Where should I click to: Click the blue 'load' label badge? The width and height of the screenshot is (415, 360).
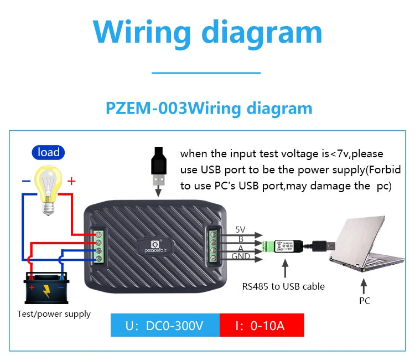click(49, 152)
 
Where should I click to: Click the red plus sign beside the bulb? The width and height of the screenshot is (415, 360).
click(71, 181)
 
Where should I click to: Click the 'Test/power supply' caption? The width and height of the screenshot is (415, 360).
click(54, 314)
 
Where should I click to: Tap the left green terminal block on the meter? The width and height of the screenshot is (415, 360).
click(98, 246)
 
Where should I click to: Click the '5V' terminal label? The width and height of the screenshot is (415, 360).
click(240, 229)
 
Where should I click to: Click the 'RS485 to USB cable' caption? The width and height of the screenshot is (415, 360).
click(283, 286)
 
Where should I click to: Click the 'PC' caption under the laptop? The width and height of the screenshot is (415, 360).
click(364, 301)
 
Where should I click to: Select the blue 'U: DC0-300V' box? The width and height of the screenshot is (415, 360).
click(164, 325)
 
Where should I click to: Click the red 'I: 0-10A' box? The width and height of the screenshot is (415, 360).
click(261, 325)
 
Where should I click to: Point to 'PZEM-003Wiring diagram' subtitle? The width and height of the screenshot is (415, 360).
click(209, 107)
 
